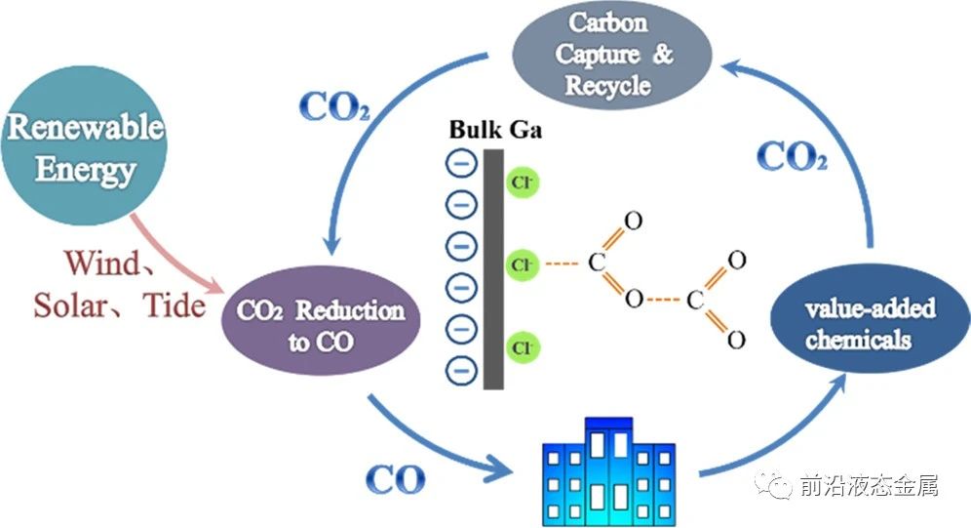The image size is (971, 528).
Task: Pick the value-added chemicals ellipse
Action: click(857, 324)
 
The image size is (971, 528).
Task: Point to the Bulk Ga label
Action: click(497, 130)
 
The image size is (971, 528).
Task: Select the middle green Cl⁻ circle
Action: click(523, 264)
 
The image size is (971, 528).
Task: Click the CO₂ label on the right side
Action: click(792, 156)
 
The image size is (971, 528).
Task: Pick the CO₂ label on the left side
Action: click(333, 107)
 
